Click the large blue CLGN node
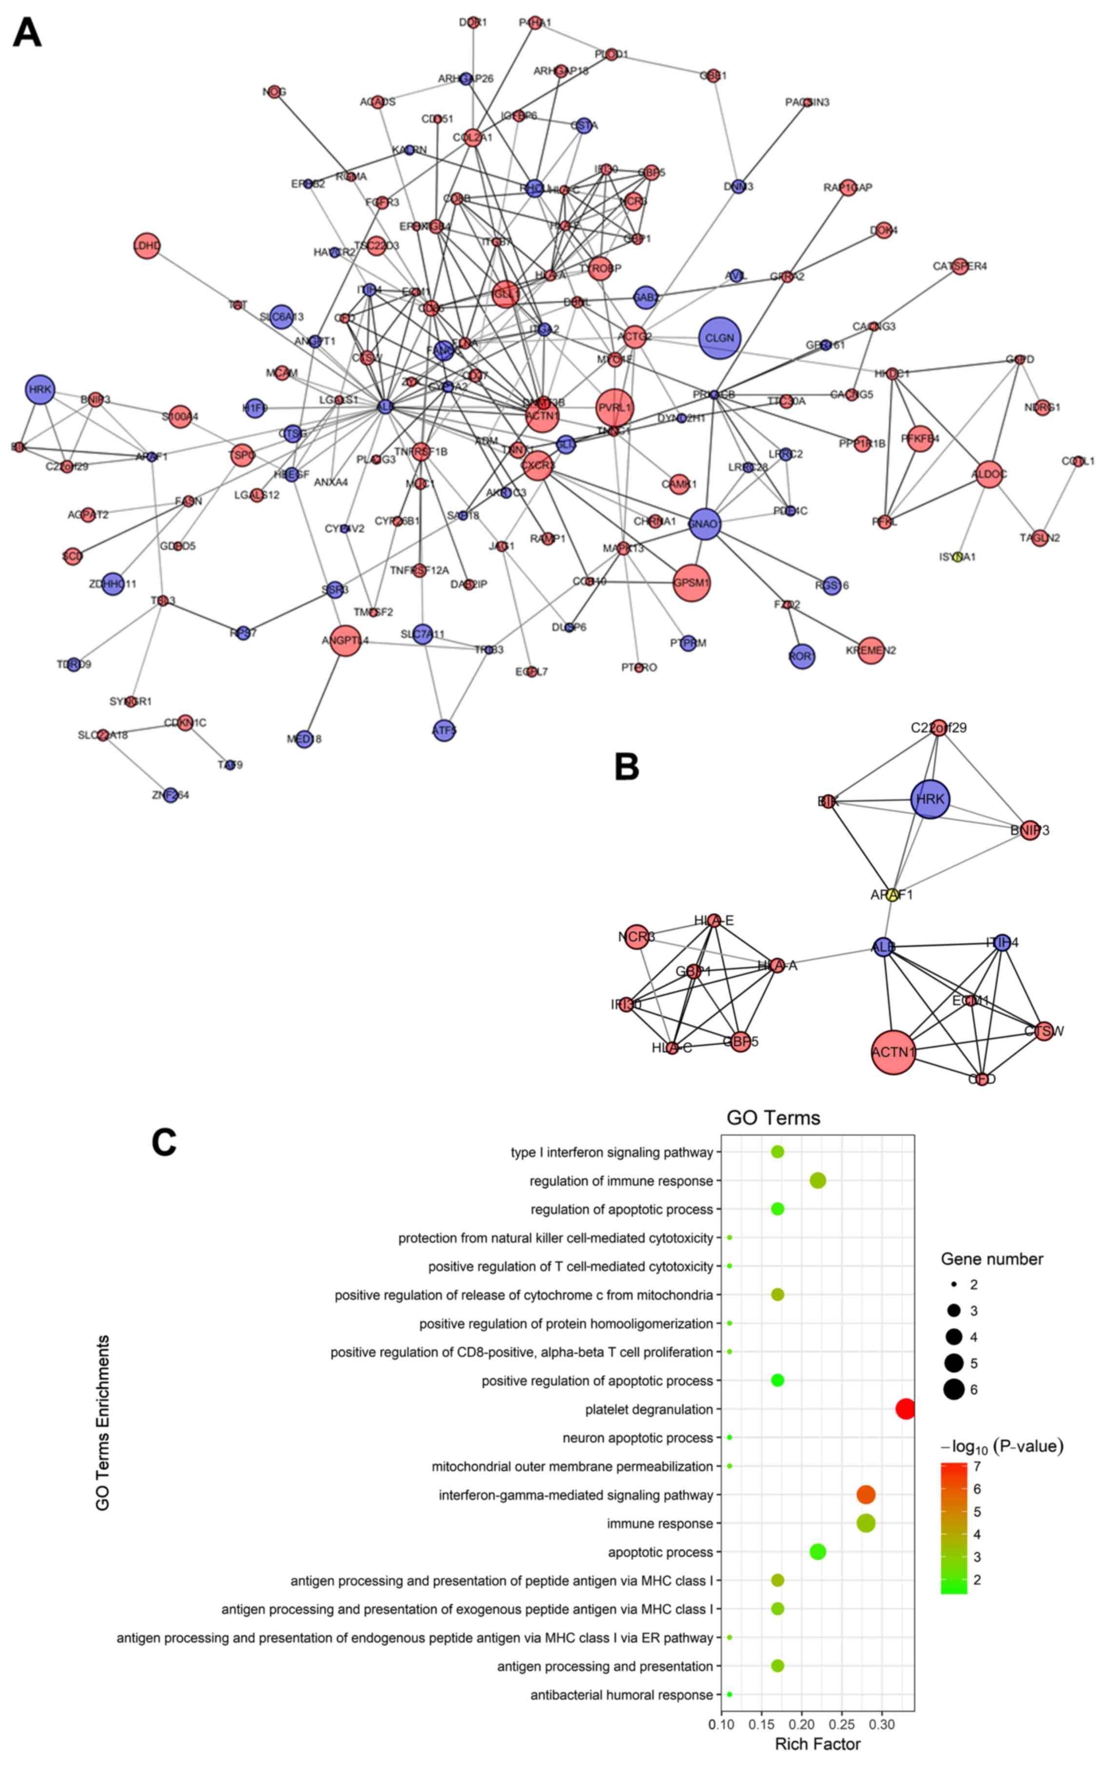(x=720, y=338)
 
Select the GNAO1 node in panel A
(x=704, y=524)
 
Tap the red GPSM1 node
(x=691, y=583)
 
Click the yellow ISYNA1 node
(x=958, y=557)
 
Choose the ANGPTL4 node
(x=345, y=641)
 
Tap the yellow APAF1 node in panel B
(x=891, y=894)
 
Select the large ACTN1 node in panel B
(x=893, y=1052)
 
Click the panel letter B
(x=627, y=767)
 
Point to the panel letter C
(x=164, y=1142)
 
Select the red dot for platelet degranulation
(x=906, y=1409)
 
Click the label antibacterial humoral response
(x=621, y=1695)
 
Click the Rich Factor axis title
(x=817, y=1745)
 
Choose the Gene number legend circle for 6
(x=953, y=1389)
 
